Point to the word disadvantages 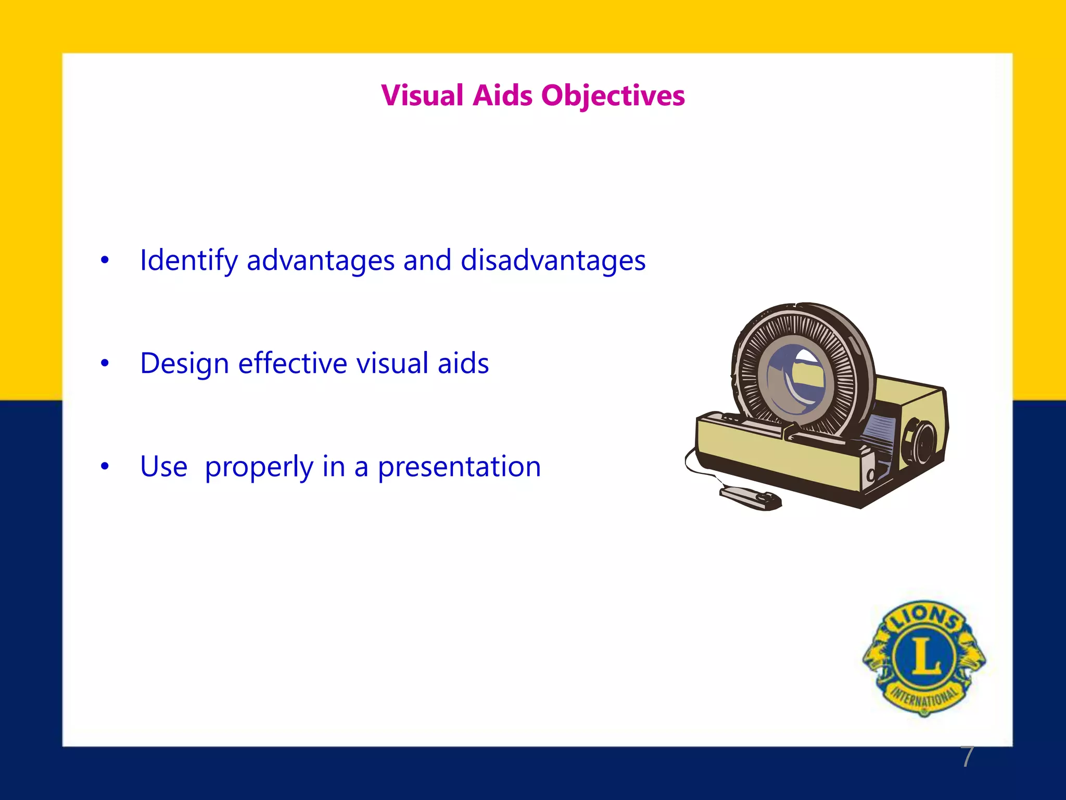[x=553, y=260]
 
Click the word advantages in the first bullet [x=320, y=261]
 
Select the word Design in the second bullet [x=184, y=364]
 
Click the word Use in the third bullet [x=163, y=467]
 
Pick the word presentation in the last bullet [x=459, y=467]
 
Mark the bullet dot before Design [x=105, y=364]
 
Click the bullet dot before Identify [x=105, y=260]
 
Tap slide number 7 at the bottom [x=967, y=757]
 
